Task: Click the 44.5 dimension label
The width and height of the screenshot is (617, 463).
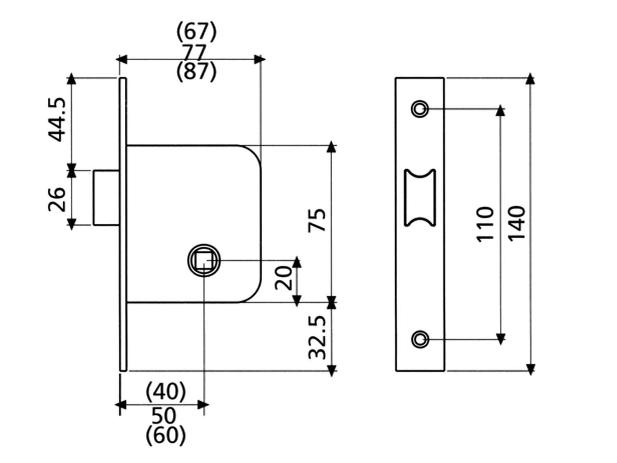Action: [x=57, y=120]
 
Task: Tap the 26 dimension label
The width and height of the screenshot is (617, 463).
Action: [x=57, y=199]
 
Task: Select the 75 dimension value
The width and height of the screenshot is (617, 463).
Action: [x=317, y=220]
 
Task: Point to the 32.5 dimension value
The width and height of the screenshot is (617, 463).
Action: [x=317, y=338]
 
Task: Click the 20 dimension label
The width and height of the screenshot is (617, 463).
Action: [x=283, y=278]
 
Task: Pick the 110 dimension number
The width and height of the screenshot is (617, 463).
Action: [x=485, y=224]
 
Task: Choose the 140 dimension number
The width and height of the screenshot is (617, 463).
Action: [x=517, y=223]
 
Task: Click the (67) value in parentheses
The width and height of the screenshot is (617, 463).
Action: [x=197, y=31]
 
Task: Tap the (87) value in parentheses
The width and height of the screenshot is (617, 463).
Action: [x=197, y=72]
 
